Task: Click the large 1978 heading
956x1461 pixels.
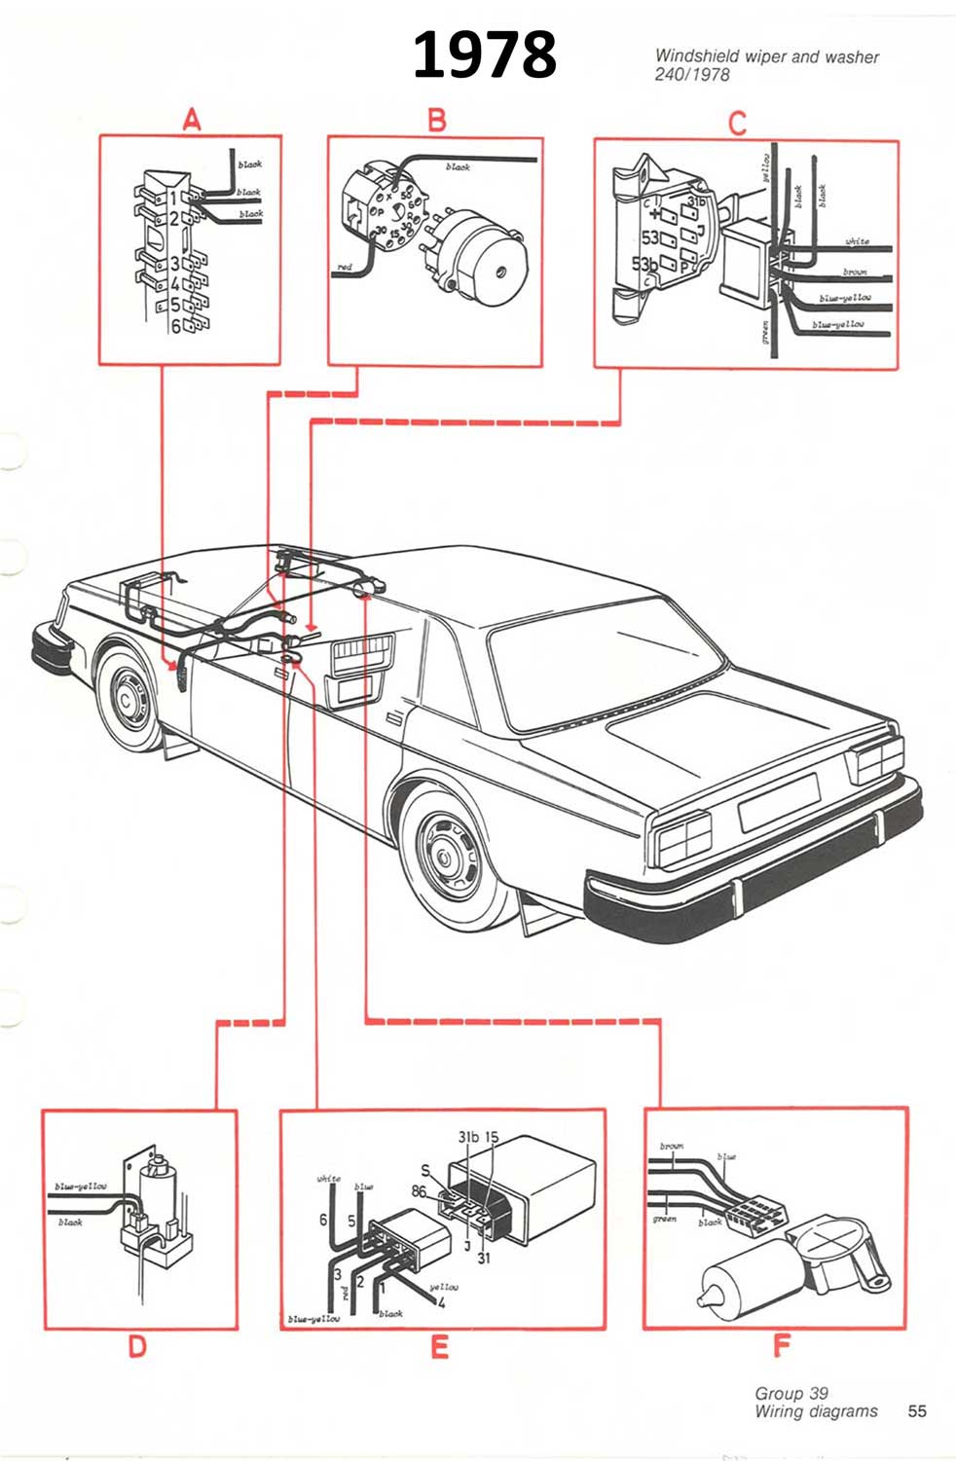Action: pos(484,55)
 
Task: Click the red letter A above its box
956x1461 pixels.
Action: pos(192,120)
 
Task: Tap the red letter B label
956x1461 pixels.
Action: pos(437,120)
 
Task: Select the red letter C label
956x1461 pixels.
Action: pos(737,124)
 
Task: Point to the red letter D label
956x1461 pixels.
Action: pos(137,1346)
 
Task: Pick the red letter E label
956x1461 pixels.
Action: pos(439,1347)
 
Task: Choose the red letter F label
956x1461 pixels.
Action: pos(781,1346)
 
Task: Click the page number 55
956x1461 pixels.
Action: pos(916,1411)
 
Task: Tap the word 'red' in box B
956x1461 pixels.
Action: pos(345,266)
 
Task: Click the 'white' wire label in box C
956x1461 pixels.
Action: pos(857,240)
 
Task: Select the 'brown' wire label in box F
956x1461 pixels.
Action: pos(672,1147)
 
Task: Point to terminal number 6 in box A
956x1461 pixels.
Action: pos(176,327)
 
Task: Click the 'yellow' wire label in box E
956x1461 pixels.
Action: pos(443,1287)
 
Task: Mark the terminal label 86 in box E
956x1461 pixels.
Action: pos(419,1190)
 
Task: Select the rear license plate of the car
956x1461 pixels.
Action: pos(779,802)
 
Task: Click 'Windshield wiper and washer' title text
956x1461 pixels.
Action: pos(766,56)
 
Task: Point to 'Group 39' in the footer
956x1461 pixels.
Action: pos(791,1394)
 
